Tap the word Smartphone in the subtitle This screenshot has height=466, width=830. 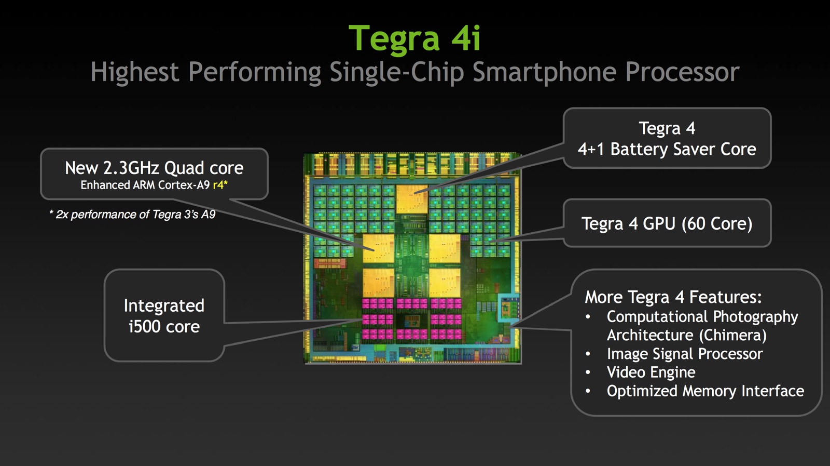(544, 72)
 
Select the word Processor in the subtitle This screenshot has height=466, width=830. (682, 72)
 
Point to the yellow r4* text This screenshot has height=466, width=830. (220, 185)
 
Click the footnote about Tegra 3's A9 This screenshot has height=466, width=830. (132, 215)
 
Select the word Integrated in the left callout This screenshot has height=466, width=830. (164, 306)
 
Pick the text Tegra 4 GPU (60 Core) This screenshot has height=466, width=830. (667, 224)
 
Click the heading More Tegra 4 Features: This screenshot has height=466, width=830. (673, 297)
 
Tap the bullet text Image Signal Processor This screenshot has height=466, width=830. (685, 354)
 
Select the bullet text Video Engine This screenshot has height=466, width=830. (651, 372)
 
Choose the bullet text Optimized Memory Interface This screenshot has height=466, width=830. (706, 391)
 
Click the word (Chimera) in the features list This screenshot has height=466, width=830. (732, 336)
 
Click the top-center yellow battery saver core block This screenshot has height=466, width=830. (412, 199)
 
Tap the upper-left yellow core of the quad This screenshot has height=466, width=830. (378, 248)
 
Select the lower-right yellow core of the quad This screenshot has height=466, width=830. (445, 283)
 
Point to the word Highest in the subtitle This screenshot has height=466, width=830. (135, 72)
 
